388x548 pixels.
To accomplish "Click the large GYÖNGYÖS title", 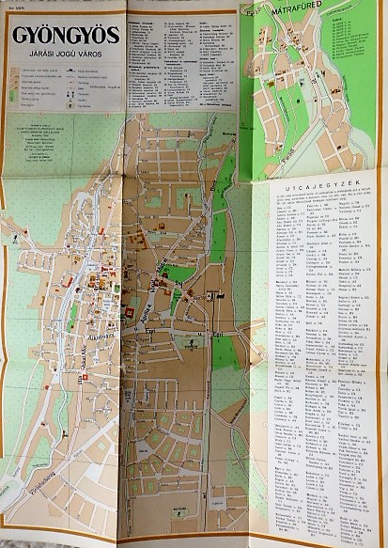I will coord(65,36).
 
